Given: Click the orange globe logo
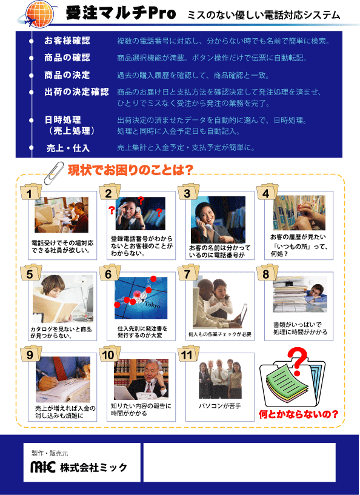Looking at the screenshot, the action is (x=39, y=13).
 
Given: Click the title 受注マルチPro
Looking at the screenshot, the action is (x=121, y=13).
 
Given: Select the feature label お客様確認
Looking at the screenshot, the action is (x=67, y=41).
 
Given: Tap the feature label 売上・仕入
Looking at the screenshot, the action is (x=68, y=148).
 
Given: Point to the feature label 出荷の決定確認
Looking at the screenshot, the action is (x=76, y=92).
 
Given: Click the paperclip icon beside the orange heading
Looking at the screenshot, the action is (x=53, y=173).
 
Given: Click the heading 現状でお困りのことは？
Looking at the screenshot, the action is (x=130, y=170).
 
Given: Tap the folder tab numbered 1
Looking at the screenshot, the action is (x=31, y=193).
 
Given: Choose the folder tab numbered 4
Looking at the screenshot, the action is (x=267, y=193).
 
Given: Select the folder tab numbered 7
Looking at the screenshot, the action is (x=188, y=273).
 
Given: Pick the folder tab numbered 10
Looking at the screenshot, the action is (x=109, y=354).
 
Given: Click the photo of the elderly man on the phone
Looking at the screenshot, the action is (x=141, y=379).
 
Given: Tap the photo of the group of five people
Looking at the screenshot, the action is (x=220, y=379).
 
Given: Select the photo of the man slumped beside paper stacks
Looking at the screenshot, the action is (x=299, y=294).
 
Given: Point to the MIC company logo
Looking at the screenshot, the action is (x=43, y=467).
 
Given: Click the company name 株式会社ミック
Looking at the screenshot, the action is (x=93, y=467).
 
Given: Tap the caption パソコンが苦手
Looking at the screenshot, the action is (x=220, y=406).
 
